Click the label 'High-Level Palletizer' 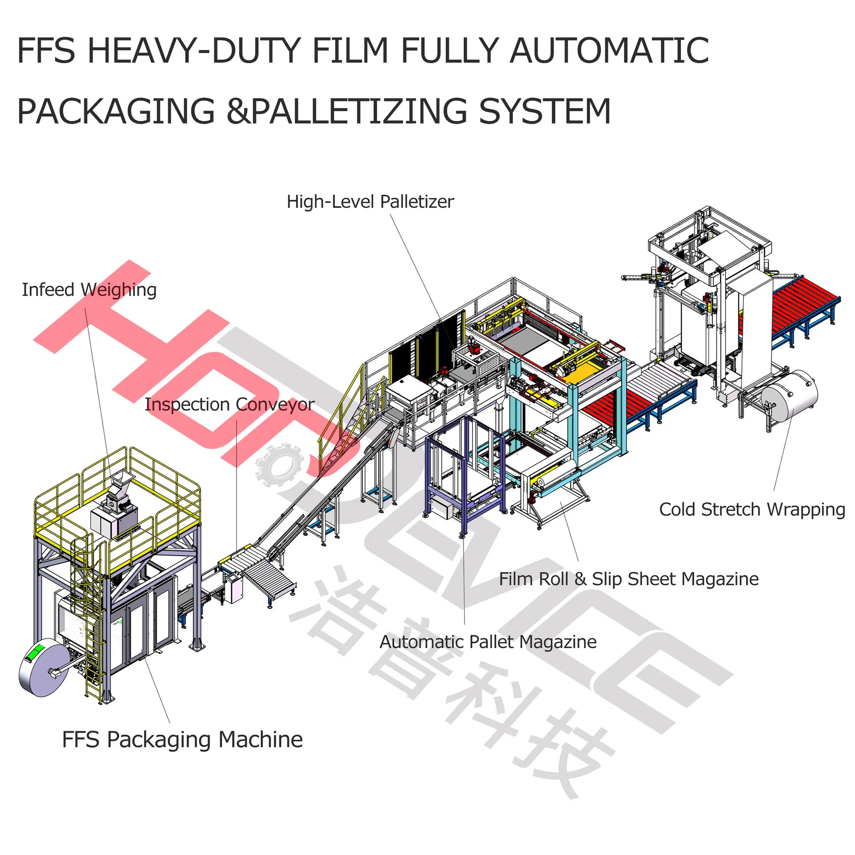tap(370, 202)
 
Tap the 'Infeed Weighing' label tap(89, 290)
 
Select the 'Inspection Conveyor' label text tap(229, 404)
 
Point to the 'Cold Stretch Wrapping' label tap(752, 509)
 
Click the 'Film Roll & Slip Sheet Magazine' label tap(628, 579)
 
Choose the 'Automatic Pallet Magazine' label tap(488, 642)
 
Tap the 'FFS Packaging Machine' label tap(182, 739)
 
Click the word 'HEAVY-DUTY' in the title tap(194, 51)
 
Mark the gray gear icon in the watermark tap(279, 465)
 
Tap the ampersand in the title tap(239, 111)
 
